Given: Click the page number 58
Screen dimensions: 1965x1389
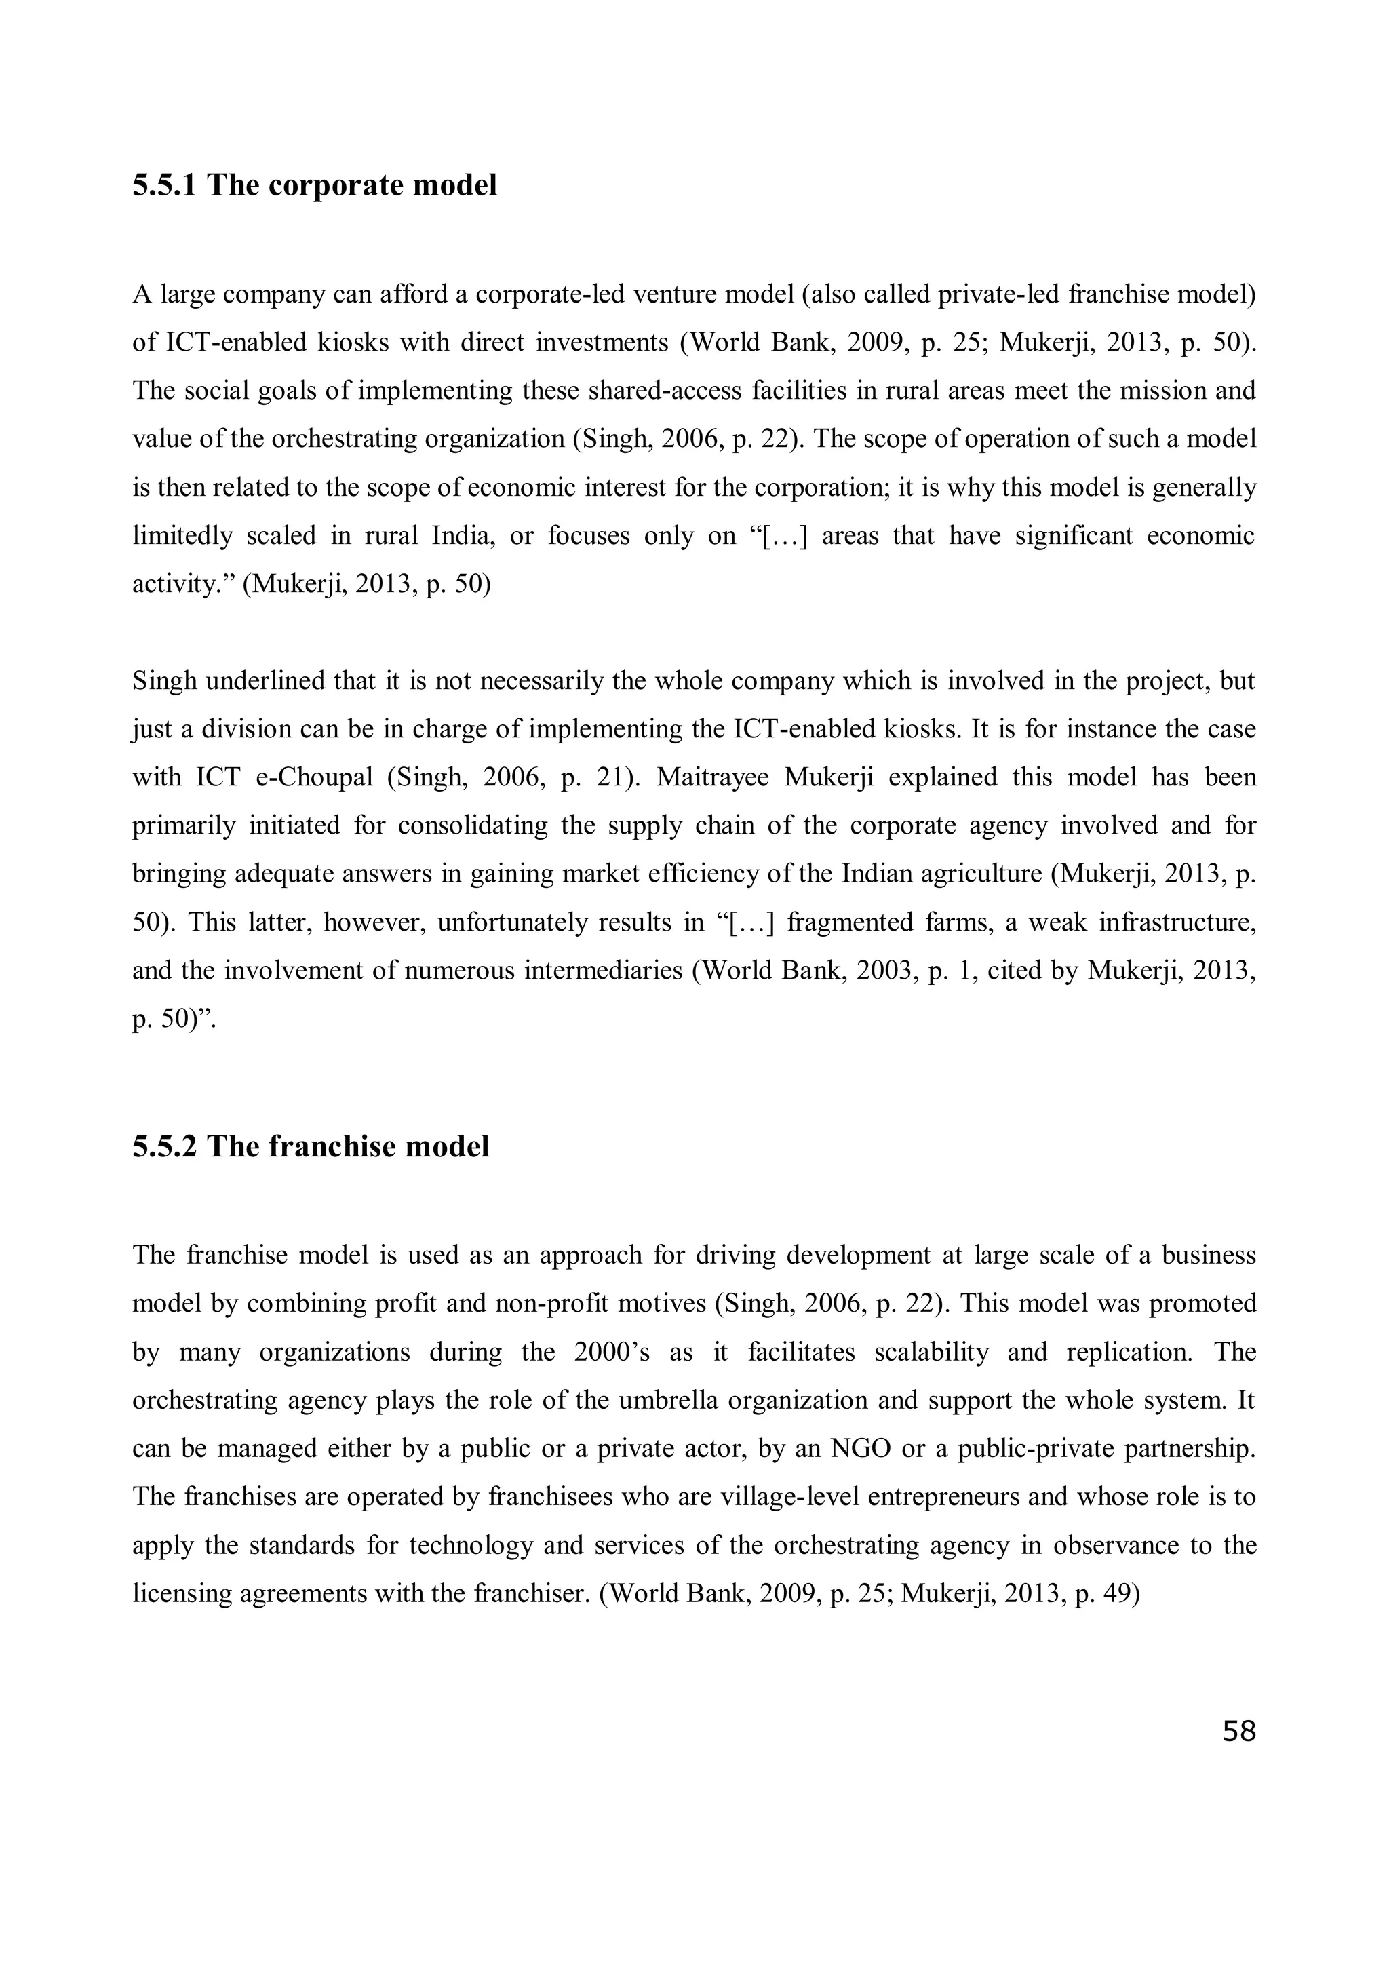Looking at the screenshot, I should [x=1238, y=1732].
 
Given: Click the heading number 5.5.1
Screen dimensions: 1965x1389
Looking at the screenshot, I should [x=165, y=185].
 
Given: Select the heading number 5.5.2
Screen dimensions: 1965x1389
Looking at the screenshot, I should [x=165, y=1146].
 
